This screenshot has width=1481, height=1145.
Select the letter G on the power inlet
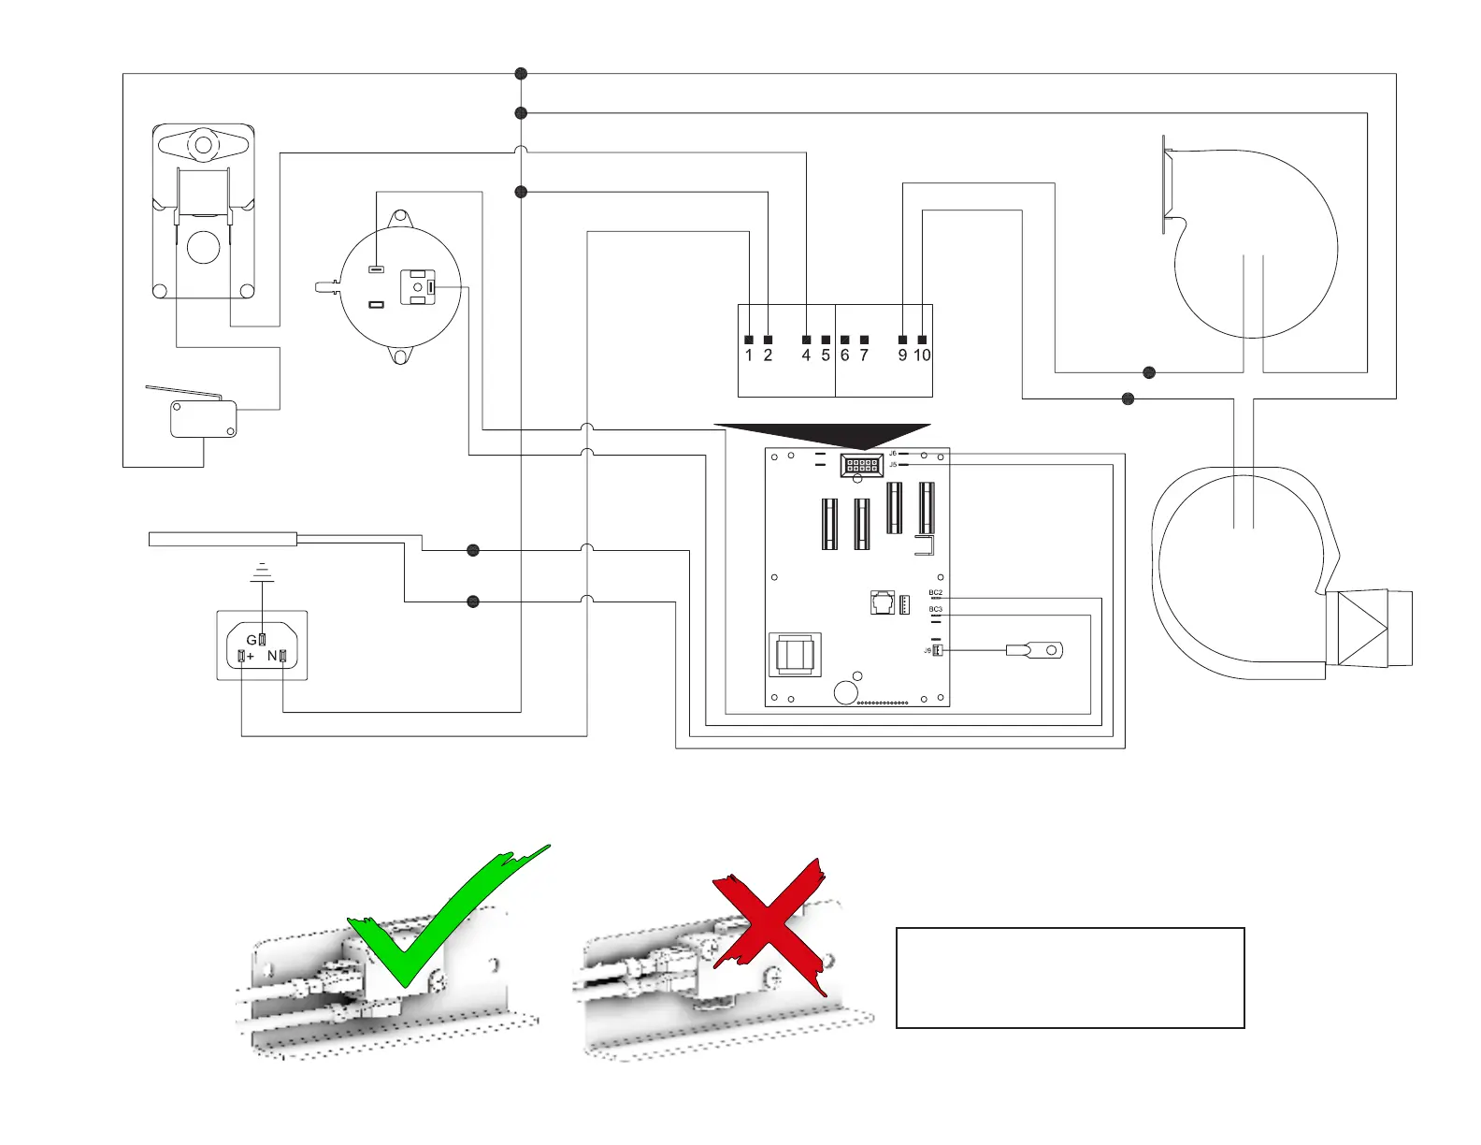(251, 640)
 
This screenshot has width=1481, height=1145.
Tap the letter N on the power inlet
(272, 656)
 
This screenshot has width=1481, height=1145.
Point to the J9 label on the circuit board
(928, 650)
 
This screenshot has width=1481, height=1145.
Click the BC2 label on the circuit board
(935, 593)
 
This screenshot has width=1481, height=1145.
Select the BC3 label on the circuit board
(935, 610)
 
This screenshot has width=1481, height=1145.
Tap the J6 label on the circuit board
(893, 454)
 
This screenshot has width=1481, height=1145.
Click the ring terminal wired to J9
(1035, 650)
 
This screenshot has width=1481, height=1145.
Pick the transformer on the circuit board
(795, 655)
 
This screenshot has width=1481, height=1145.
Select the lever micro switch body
(203, 419)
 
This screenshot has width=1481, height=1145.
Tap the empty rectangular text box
(1070, 978)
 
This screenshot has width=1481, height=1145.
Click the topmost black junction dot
(522, 74)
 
